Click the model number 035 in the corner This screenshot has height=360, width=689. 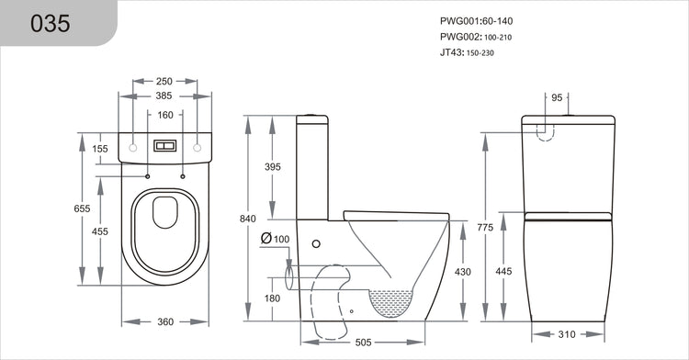[x=51, y=23]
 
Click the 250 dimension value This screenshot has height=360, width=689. [x=165, y=81]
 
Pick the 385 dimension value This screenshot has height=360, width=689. [x=165, y=96]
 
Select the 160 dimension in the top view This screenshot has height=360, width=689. [x=165, y=116]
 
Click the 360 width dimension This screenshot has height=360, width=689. [x=165, y=322]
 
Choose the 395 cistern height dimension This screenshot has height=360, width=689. [x=273, y=166]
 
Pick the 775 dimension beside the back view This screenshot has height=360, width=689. [x=485, y=226]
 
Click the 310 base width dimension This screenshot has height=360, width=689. [x=568, y=335]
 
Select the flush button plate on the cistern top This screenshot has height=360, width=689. [x=165, y=146]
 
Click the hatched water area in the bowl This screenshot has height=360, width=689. [x=393, y=302]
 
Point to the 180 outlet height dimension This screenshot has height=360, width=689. [x=273, y=298]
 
